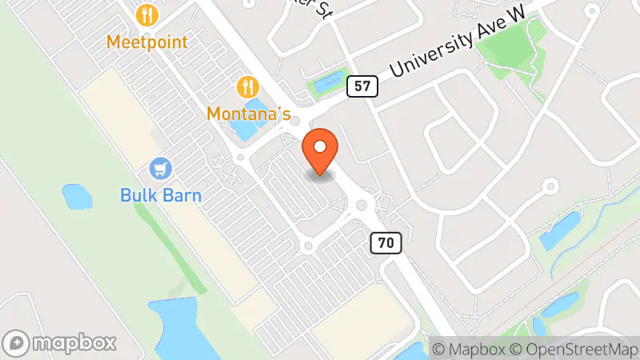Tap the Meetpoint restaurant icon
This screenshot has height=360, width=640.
(146, 14)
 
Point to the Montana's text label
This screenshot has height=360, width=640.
(248, 114)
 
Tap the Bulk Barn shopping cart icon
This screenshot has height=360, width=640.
(161, 168)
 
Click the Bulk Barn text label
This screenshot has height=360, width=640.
(161, 194)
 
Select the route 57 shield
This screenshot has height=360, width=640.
(362, 86)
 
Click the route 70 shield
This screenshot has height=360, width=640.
(385, 241)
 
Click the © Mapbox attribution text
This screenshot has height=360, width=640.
(467, 349)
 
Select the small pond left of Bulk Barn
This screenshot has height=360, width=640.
(77, 195)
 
